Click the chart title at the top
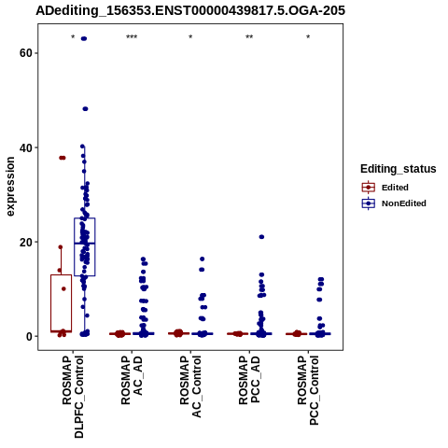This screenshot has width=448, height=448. [190, 10]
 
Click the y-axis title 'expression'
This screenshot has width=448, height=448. [10, 187]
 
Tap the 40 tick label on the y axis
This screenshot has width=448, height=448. [26, 147]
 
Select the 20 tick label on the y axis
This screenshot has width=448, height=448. [26, 242]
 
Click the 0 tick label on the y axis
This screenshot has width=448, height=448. [29, 336]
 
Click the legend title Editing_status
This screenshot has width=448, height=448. [399, 169]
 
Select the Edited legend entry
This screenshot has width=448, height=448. [385, 188]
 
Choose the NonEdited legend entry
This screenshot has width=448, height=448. [394, 203]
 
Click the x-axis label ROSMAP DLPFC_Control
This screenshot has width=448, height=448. [73, 397]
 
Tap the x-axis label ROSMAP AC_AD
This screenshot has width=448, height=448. [132, 380]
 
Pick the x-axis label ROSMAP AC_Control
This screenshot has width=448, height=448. [190, 386]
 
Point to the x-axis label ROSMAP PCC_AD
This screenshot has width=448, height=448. [249, 380]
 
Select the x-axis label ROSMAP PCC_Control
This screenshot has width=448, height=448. [308, 390]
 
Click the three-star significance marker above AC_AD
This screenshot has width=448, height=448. [132, 37]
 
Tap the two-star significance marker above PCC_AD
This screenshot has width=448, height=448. [249, 37]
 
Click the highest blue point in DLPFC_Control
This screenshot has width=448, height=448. [84, 38]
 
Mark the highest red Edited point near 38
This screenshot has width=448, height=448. [63, 158]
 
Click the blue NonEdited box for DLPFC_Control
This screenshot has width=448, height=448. [85, 246]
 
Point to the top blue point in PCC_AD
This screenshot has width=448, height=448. [261, 237]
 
